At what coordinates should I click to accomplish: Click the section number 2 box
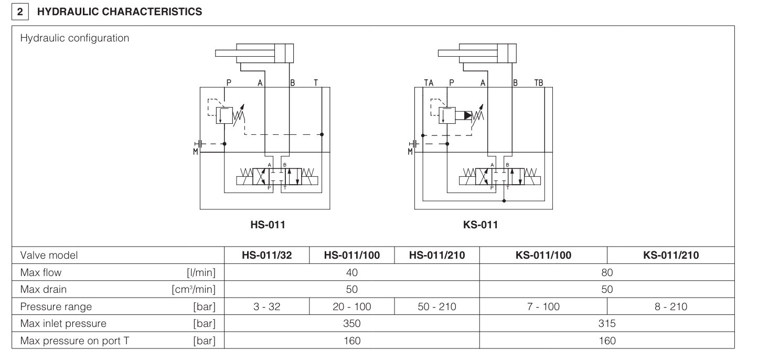[x=20, y=12]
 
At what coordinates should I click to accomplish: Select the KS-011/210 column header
[x=670, y=256]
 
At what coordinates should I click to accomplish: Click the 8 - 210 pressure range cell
[x=670, y=306]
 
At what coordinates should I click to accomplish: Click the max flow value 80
[x=607, y=272]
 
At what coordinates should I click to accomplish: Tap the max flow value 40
[x=352, y=272]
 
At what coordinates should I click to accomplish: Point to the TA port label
[x=429, y=82]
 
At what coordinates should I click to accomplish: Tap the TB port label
[x=538, y=82]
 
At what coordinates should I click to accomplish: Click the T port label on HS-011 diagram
[x=315, y=82]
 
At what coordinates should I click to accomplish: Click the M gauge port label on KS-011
[x=411, y=152]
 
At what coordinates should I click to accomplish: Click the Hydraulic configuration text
[x=75, y=38]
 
